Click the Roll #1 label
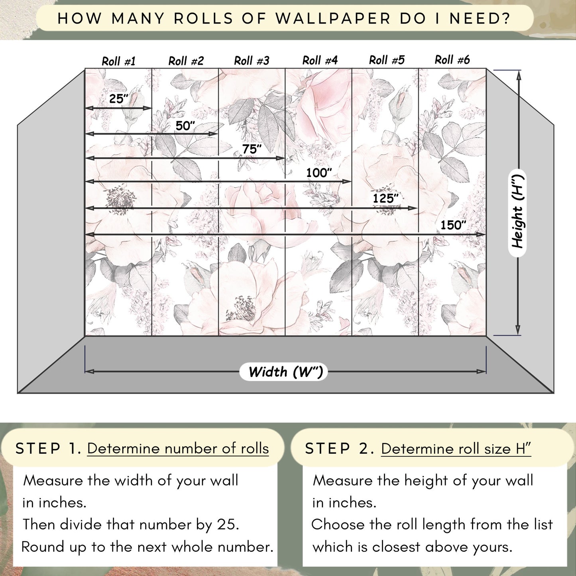point(119,61)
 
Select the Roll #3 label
point(252,61)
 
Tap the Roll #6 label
point(452,60)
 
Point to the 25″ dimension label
point(118,98)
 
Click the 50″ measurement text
point(185,126)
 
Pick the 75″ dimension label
point(252,149)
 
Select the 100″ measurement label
point(319,173)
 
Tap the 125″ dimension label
point(385,198)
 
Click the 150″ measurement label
point(453,225)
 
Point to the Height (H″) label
point(517,212)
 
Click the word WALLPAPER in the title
point(333,19)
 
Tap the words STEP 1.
point(48,448)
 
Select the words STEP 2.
point(339,448)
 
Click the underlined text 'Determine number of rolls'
point(178,448)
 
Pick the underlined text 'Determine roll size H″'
point(456,449)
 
